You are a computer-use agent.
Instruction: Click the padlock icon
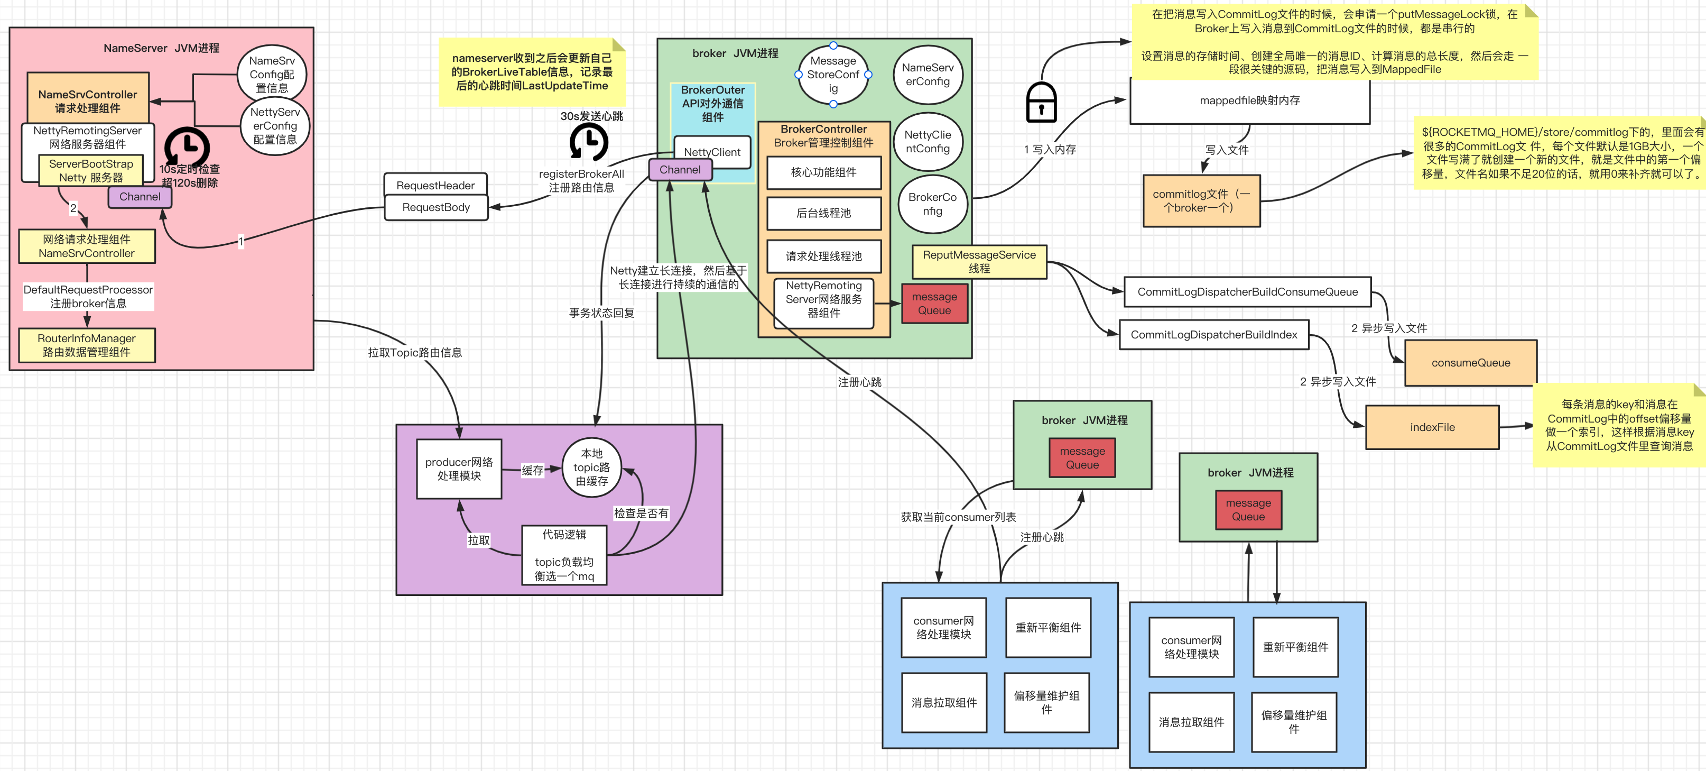(x=1041, y=103)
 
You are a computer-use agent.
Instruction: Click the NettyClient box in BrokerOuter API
(x=712, y=151)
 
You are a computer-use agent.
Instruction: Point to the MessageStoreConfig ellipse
(x=832, y=74)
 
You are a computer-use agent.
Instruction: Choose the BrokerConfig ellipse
(x=932, y=204)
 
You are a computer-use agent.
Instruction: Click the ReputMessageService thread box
(x=979, y=262)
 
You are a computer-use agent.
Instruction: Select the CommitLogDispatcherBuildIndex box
(x=1213, y=335)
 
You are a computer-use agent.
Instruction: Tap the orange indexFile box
(x=1432, y=427)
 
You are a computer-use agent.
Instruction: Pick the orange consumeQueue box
(x=1470, y=362)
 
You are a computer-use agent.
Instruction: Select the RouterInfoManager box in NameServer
(x=87, y=345)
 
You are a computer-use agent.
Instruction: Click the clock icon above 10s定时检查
(x=188, y=146)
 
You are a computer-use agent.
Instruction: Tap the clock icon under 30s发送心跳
(x=588, y=142)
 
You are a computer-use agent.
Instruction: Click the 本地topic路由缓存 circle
(x=591, y=467)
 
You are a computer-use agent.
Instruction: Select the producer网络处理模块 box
(x=459, y=469)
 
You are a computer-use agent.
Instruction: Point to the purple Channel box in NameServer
(x=140, y=197)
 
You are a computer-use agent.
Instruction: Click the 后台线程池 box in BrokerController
(x=823, y=213)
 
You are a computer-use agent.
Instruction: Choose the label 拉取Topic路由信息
(x=414, y=352)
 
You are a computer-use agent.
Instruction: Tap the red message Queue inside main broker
(x=934, y=304)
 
